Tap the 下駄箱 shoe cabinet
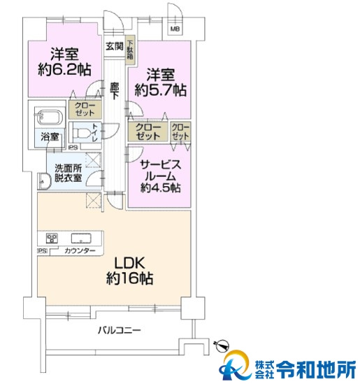130,51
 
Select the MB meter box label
174,29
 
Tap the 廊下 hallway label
114,92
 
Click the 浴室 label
48,138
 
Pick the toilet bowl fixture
85,132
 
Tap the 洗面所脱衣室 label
64,173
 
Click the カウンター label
75,250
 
